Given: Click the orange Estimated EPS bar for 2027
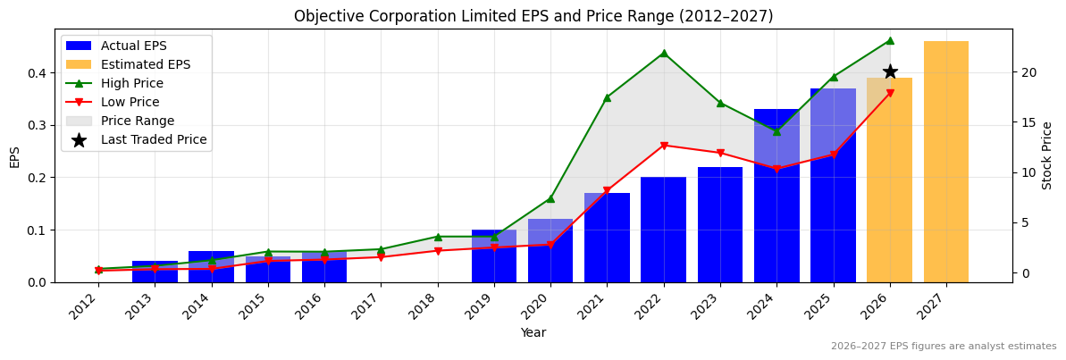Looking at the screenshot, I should tap(946, 162).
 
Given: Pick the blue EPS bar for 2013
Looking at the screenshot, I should tap(155, 272).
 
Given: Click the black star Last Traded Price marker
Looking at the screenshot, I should tap(890, 71).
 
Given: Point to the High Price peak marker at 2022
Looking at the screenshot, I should tap(663, 53).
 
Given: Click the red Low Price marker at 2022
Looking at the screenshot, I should tap(663, 146).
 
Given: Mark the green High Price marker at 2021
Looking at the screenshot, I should tap(607, 97).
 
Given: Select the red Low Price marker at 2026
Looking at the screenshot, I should tap(890, 93).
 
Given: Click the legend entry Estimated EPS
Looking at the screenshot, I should tap(146, 64).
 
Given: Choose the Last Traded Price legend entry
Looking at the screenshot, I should tap(154, 139).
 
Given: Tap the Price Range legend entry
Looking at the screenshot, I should tap(138, 121).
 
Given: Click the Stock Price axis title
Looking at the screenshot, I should tap(1047, 155).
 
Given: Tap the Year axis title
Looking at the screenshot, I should tap(533, 333).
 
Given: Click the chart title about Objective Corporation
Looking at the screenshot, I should tap(533, 16).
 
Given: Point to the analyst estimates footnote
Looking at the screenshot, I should tap(944, 347).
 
